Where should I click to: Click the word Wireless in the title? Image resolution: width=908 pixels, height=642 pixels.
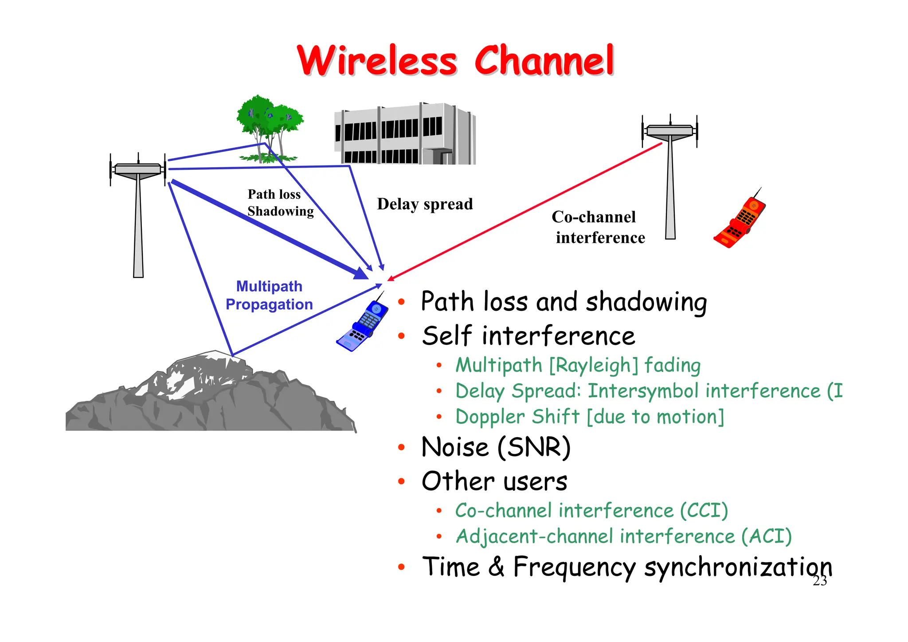tap(377, 61)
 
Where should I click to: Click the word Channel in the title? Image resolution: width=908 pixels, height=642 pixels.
tap(544, 61)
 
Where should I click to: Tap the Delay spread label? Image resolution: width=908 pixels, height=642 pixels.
tap(425, 204)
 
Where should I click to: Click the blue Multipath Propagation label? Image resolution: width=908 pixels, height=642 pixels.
tap(269, 295)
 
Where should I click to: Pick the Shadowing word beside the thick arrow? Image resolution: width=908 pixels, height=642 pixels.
tap(281, 211)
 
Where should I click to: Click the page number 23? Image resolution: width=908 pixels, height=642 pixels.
tap(820, 581)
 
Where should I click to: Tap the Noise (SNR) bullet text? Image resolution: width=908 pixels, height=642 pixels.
tap(496, 447)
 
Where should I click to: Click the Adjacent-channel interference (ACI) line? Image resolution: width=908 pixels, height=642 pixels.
tap(623, 536)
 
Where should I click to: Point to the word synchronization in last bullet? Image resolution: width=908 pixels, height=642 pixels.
tap(738, 567)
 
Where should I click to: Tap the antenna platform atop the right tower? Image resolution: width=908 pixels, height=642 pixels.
tap(669, 131)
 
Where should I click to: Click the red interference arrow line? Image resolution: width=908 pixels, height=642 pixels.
tap(523, 213)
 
